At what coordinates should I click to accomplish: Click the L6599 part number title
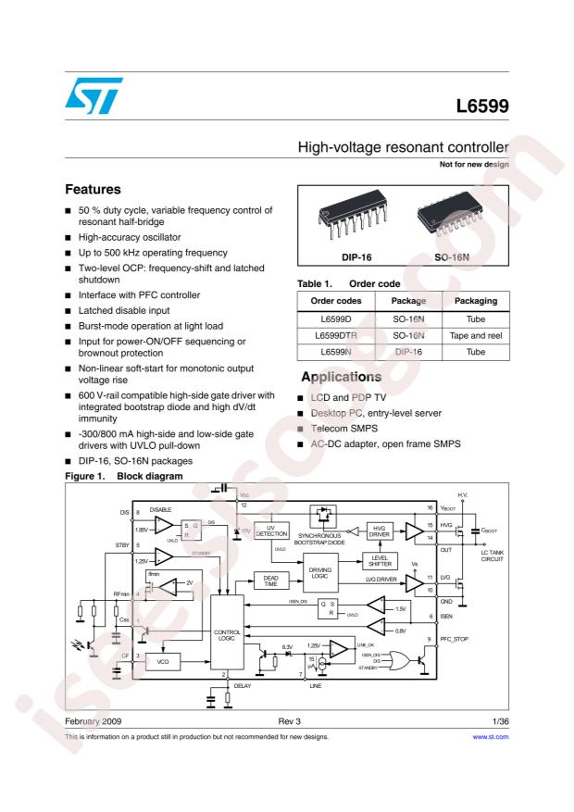pos(482,106)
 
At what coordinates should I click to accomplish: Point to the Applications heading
pos(342,378)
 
